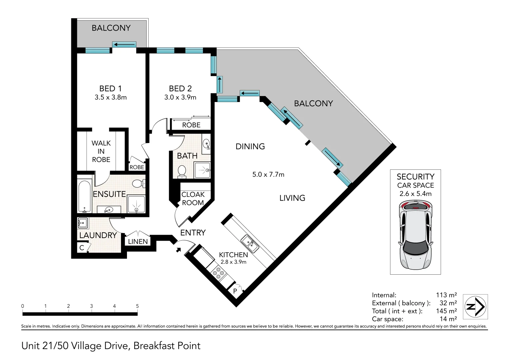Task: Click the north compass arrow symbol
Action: (x=475, y=307)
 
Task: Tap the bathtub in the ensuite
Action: (x=84, y=196)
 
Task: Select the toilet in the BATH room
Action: (x=182, y=172)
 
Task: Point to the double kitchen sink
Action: (x=250, y=244)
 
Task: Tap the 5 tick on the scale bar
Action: (x=137, y=309)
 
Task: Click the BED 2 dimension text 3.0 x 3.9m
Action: (x=180, y=97)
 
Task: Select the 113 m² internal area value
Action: (x=446, y=295)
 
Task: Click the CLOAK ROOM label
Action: (x=193, y=198)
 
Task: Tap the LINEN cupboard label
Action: (x=138, y=241)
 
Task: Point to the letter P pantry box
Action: (x=235, y=291)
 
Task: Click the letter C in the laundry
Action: (x=82, y=248)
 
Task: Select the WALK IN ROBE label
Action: (x=101, y=151)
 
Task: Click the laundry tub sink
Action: (x=83, y=223)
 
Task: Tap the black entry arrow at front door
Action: (x=178, y=250)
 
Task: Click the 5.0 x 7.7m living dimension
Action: (x=268, y=174)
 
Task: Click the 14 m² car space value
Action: (x=448, y=319)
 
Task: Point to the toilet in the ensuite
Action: (x=138, y=184)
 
